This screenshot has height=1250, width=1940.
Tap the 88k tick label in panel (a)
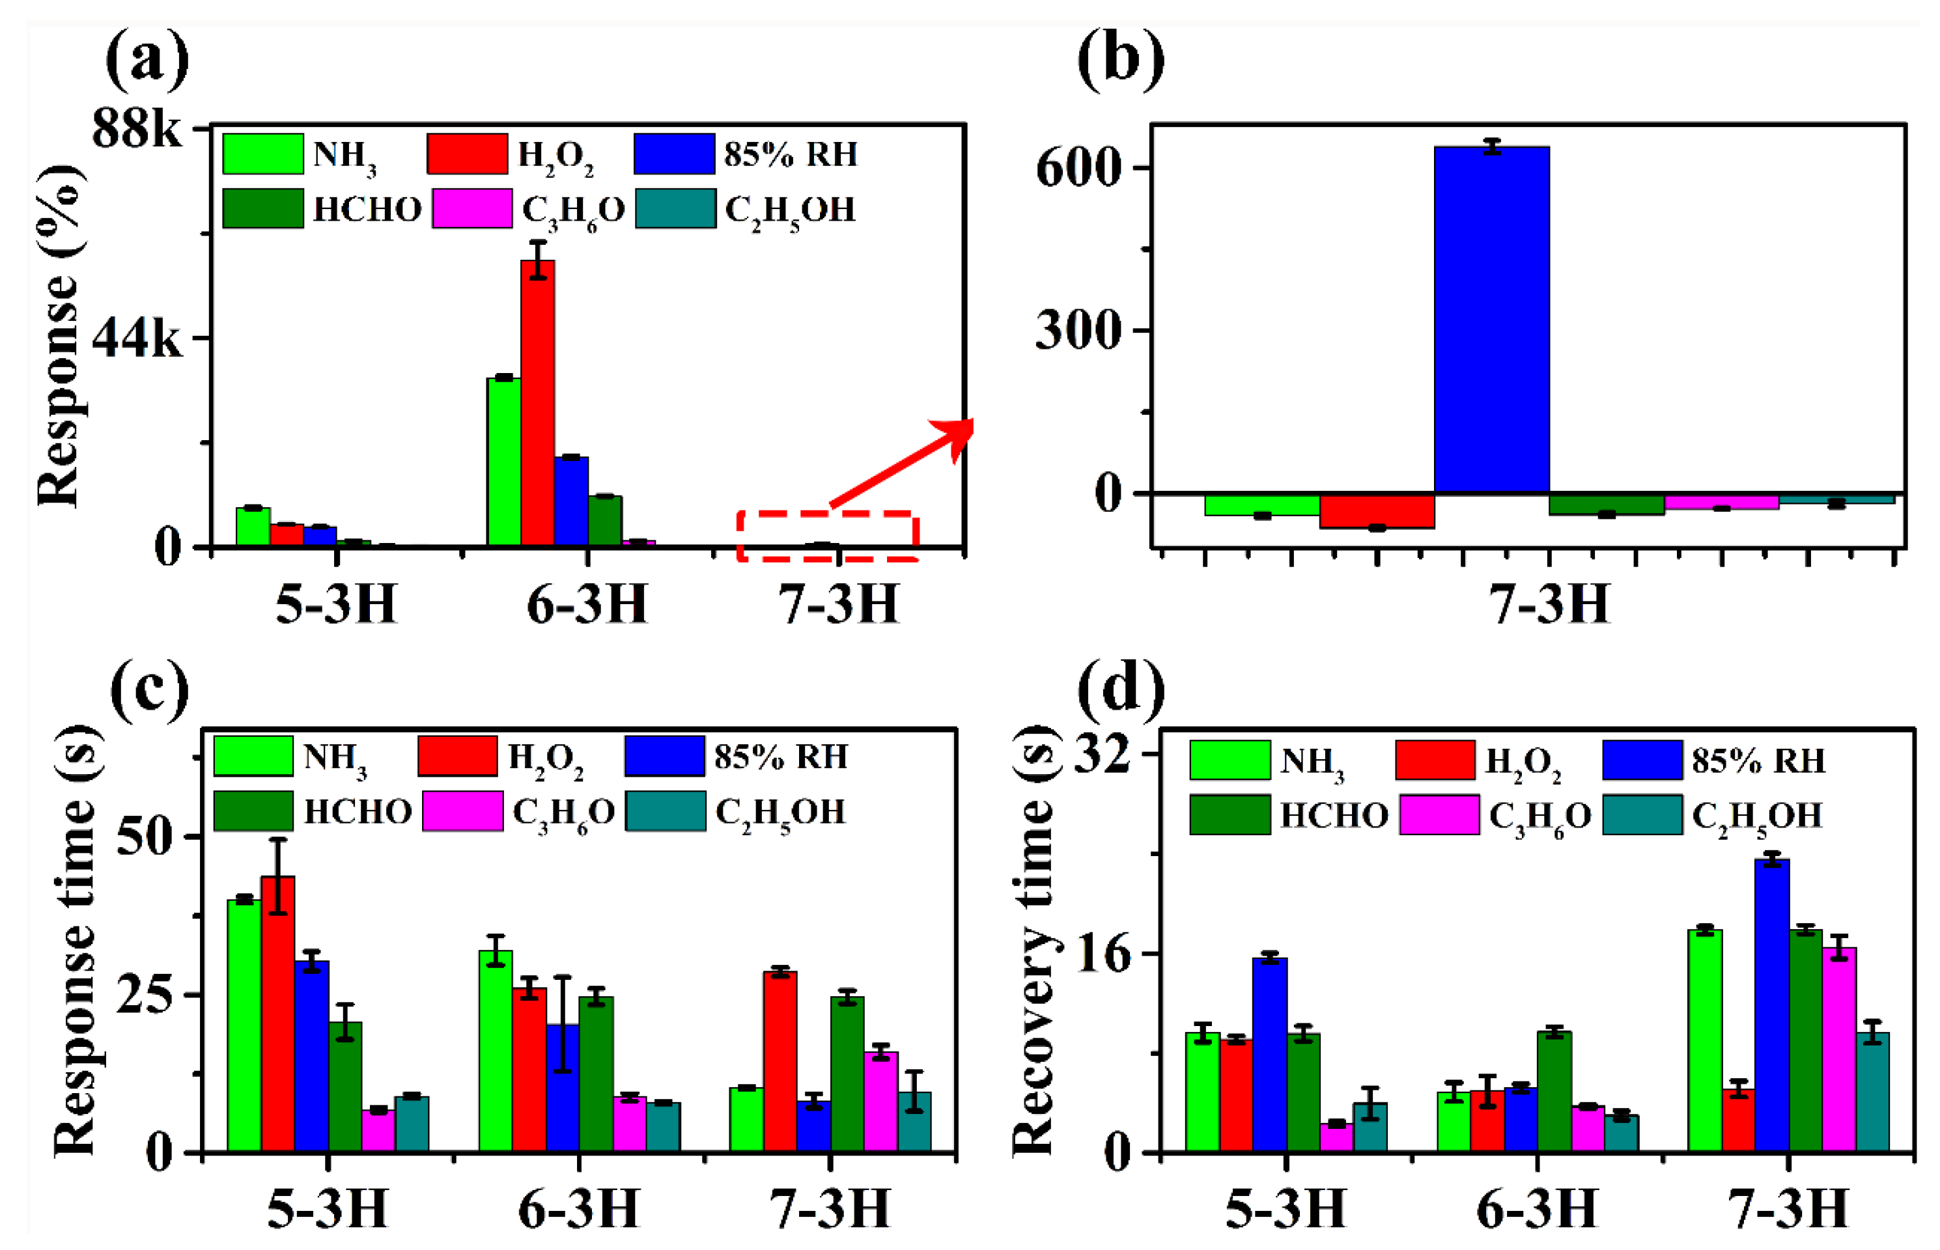tap(136, 128)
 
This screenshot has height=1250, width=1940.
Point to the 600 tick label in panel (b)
tap(1079, 169)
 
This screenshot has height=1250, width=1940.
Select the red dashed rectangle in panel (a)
tap(827, 536)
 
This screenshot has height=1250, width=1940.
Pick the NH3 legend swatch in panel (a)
tap(263, 154)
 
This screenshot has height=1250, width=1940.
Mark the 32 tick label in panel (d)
tap(1101, 755)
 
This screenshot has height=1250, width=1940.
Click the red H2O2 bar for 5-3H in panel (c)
tap(277, 1014)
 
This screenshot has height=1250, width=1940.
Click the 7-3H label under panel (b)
tap(1548, 605)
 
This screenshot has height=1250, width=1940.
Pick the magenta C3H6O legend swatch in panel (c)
tap(462, 811)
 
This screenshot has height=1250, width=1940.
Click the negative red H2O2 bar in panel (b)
tap(1377, 511)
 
